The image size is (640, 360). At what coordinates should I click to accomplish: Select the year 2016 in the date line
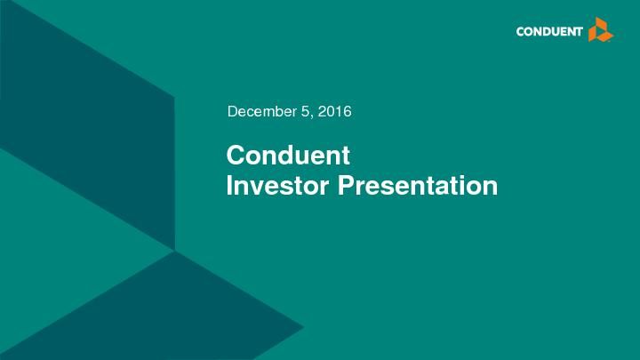pyautogui.click(x=336, y=112)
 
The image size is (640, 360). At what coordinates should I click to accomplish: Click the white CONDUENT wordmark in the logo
pyautogui.click(x=549, y=33)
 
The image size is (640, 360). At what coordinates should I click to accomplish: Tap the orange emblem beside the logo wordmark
pyautogui.click(x=601, y=30)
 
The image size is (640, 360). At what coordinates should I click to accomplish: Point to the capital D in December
pyautogui.click(x=233, y=112)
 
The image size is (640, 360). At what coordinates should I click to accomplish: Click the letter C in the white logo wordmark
pyautogui.click(x=521, y=33)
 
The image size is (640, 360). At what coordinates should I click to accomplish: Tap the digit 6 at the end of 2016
pyautogui.click(x=348, y=112)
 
